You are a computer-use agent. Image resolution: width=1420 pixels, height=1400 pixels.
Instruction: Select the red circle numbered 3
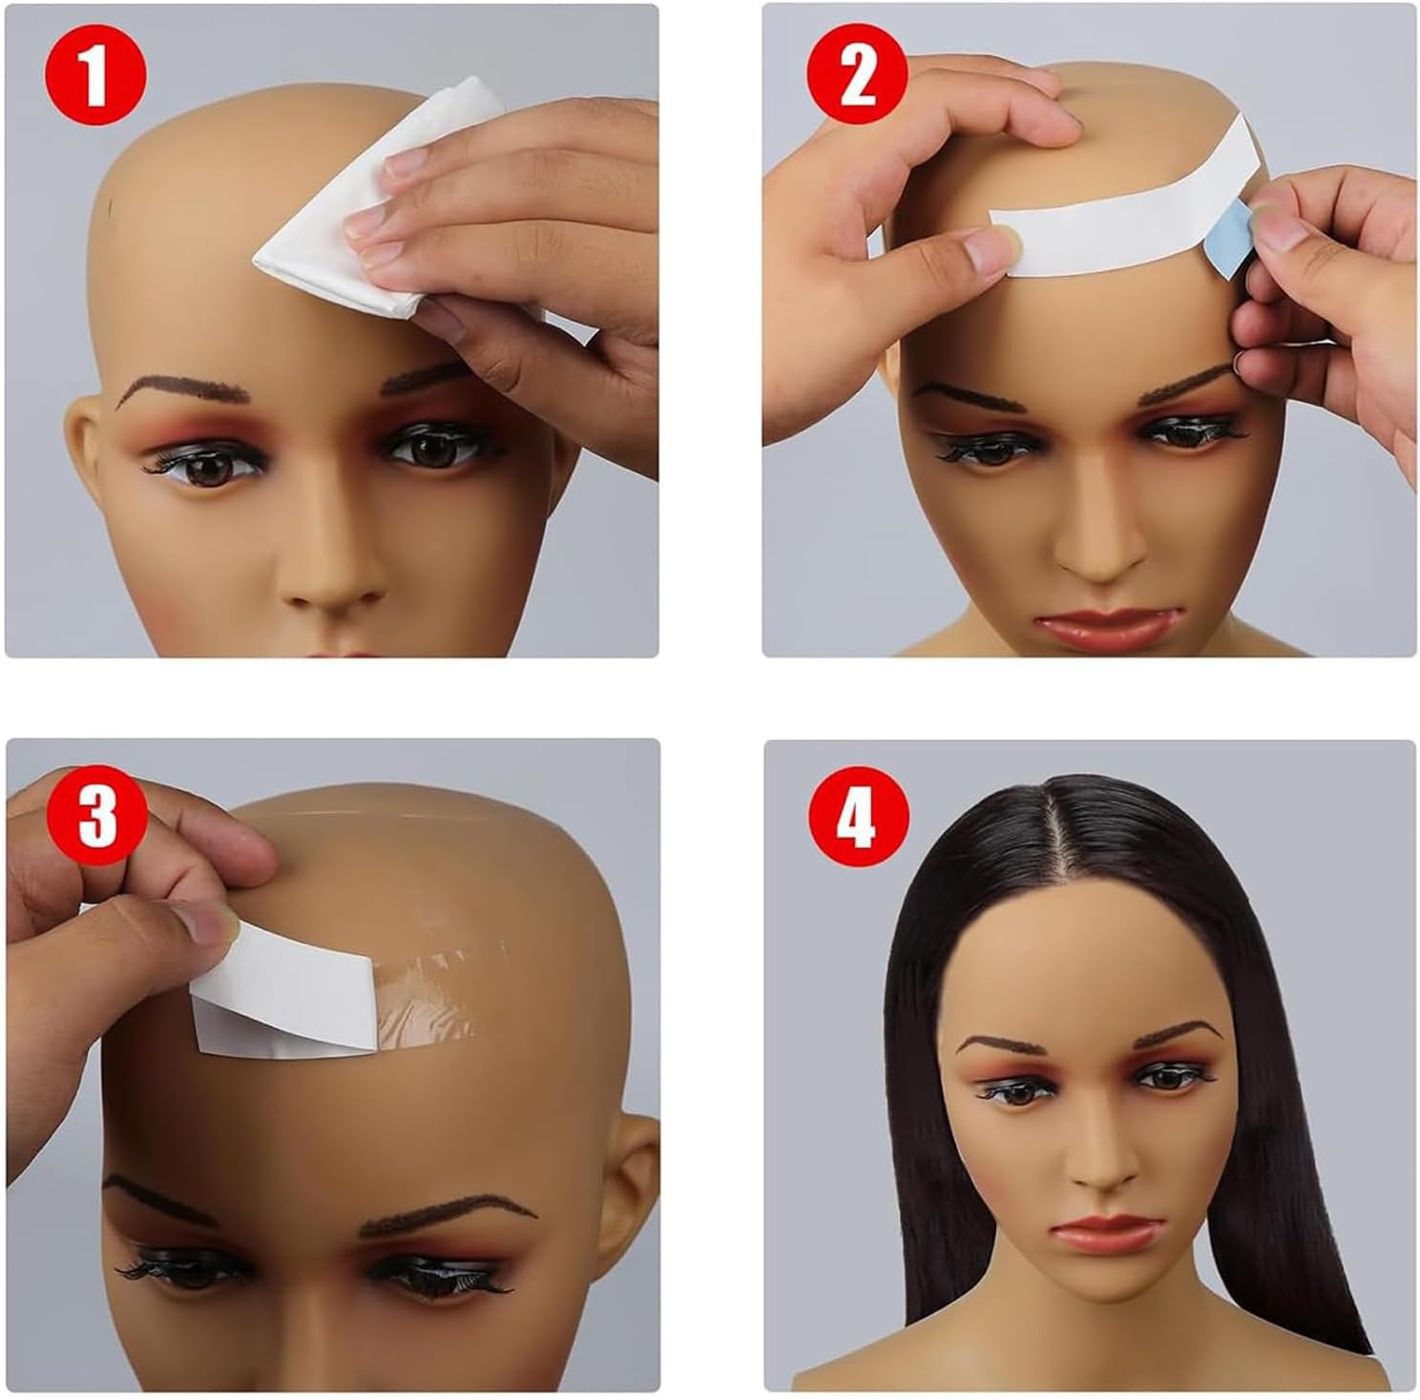point(95,816)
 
